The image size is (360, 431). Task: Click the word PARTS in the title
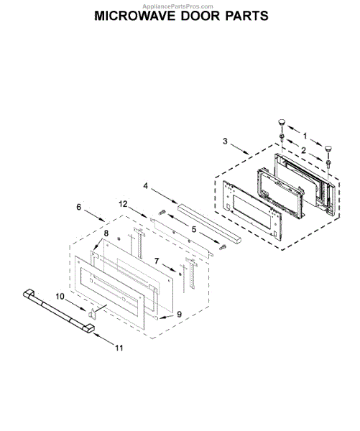click(x=246, y=16)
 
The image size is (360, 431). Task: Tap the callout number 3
click(x=225, y=142)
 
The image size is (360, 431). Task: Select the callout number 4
click(x=145, y=186)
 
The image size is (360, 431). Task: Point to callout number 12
click(x=123, y=204)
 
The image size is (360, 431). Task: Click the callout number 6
click(x=79, y=207)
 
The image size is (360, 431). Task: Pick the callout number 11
click(x=119, y=348)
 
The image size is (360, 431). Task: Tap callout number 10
click(x=60, y=296)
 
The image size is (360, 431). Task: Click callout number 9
click(x=180, y=314)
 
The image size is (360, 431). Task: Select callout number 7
click(x=157, y=261)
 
